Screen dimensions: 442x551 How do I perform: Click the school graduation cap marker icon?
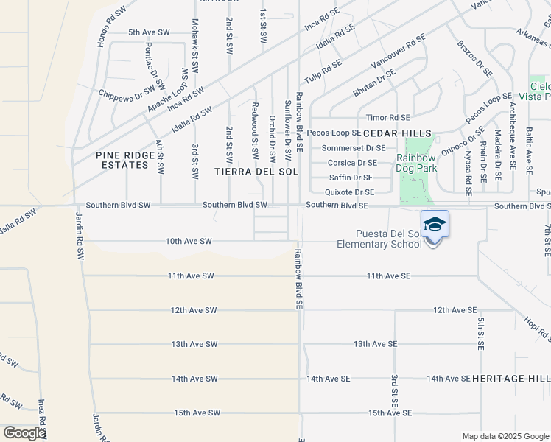click(x=435, y=224)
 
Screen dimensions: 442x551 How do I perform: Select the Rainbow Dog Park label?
click(x=417, y=163)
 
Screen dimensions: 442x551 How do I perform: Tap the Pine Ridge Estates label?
click(x=122, y=160)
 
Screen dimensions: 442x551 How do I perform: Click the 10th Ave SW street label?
click(x=189, y=241)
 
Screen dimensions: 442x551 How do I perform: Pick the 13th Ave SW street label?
click(x=194, y=344)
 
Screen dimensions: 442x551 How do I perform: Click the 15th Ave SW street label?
click(x=196, y=413)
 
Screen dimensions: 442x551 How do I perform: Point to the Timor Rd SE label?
click(x=387, y=118)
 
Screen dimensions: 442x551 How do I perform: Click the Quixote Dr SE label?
click(x=350, y=192)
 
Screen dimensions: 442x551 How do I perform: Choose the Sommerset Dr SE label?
click(x=354, y=148)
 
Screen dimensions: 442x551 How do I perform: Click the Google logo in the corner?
click(x=24, y=433)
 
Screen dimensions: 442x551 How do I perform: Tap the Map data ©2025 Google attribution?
click(x=505, y=436)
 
